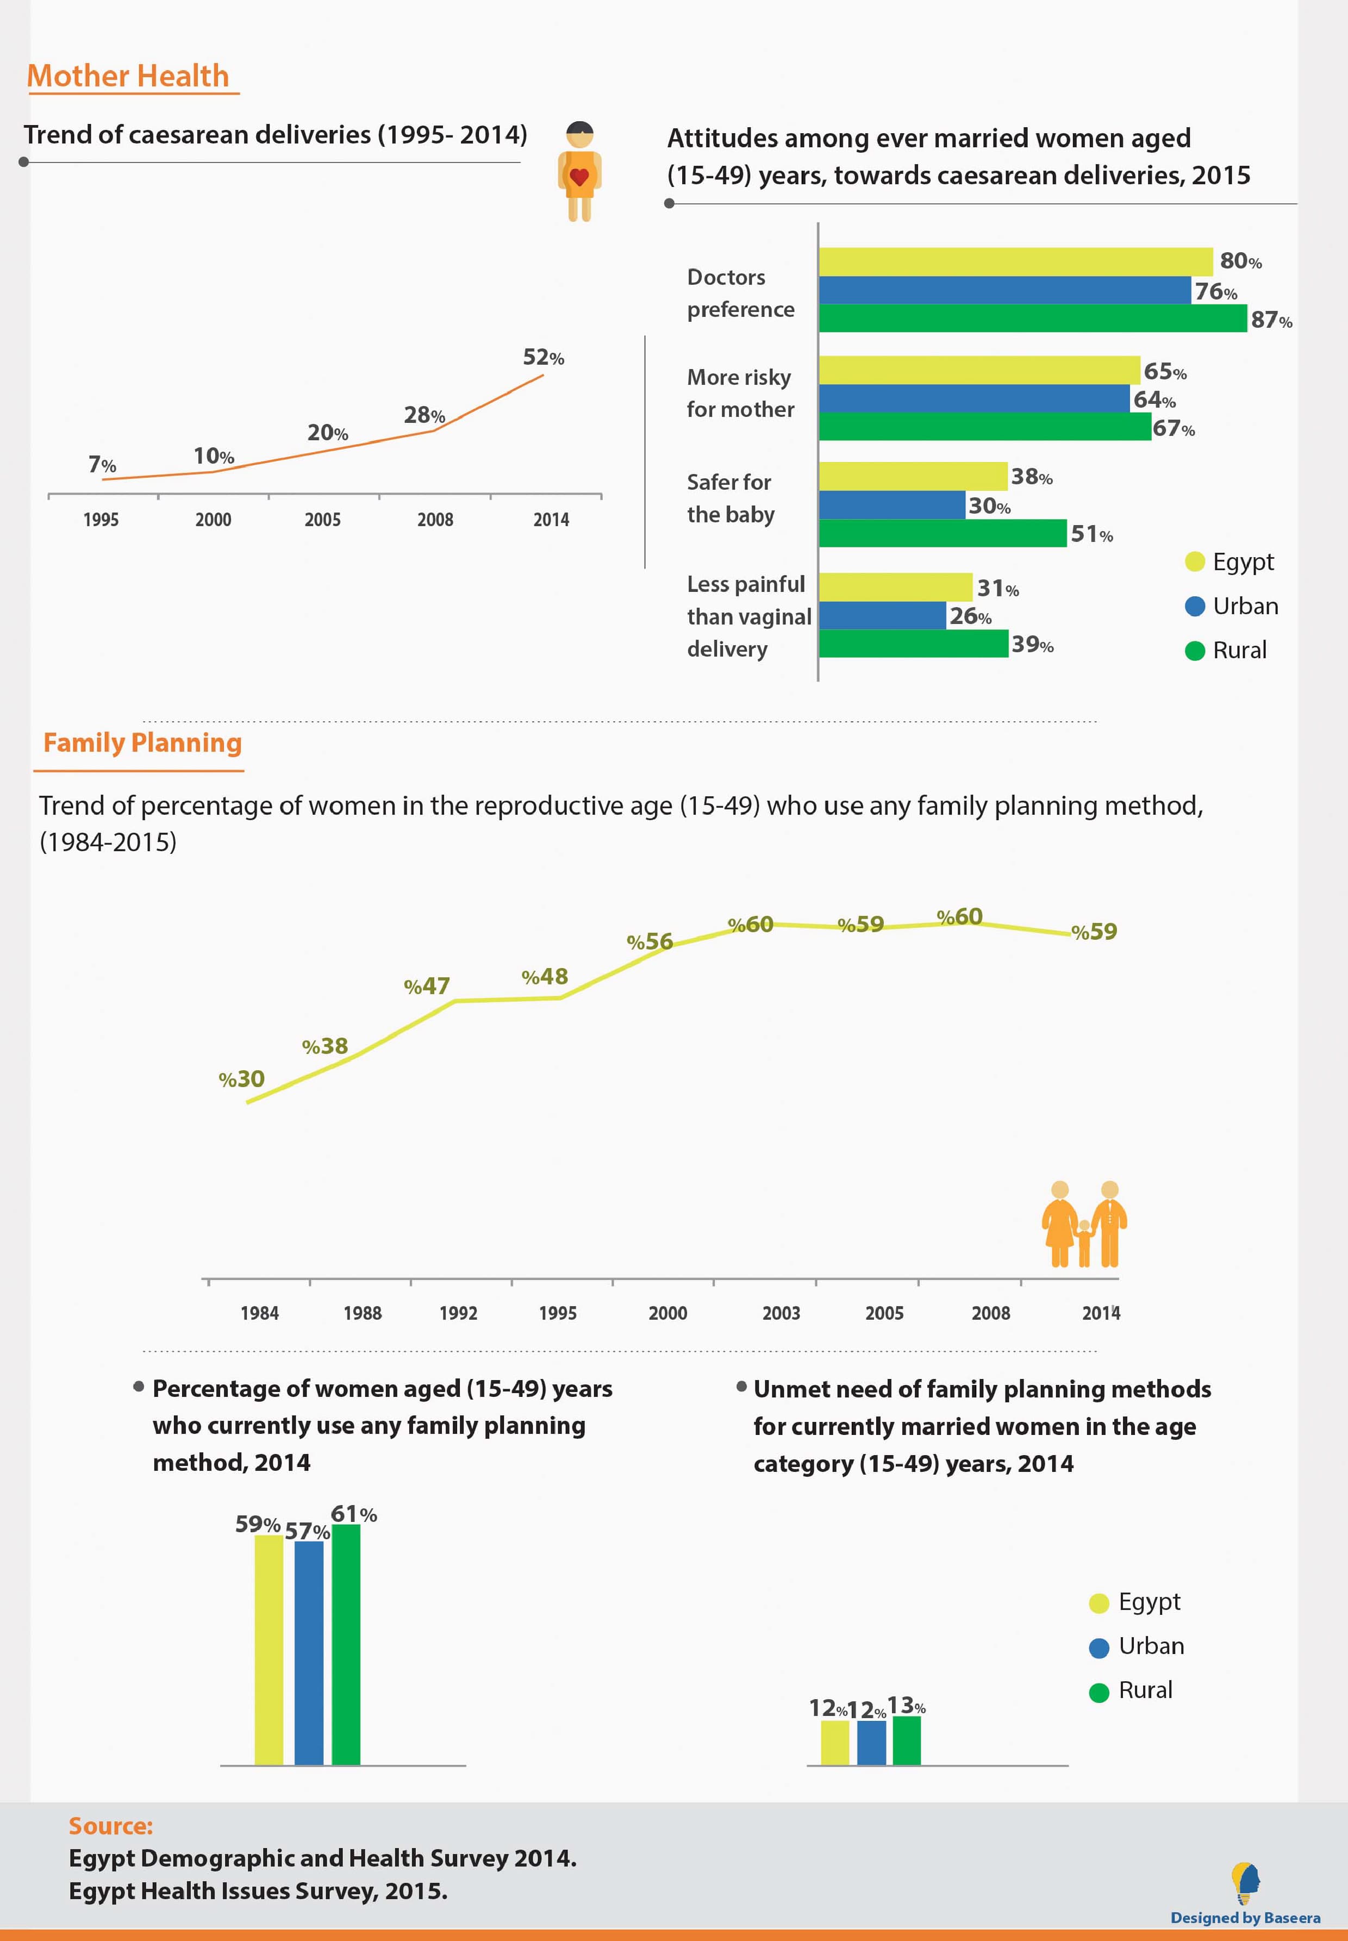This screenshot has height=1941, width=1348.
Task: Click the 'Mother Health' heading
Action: tap(128, 76)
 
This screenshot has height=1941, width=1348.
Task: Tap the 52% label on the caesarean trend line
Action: tap(543, 357)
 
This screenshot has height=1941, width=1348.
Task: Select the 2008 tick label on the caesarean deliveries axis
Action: tap(435, 520)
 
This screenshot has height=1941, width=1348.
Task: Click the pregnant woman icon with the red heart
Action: tap(579, 171)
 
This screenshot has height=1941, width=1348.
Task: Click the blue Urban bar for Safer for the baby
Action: tap(892, 505)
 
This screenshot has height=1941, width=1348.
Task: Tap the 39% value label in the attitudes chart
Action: tap(1032, 645)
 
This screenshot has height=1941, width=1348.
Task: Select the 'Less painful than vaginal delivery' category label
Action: tap(749, 616)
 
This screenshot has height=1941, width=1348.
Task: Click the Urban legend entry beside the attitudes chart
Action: tap(1232, 607)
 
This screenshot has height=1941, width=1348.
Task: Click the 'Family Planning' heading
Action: tap(143, 742)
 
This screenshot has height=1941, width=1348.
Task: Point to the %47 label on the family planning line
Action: tap(427, 985)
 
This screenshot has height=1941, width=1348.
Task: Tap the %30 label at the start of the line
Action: tap(241, 1078)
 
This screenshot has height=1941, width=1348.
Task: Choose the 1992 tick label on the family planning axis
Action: tap(459, 1313)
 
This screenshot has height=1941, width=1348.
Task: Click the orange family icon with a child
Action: tap(1084, 1224)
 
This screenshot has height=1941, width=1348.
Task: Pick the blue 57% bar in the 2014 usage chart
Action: tap(309, 1653)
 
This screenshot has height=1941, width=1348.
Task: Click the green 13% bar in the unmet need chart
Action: tap(906, 1740)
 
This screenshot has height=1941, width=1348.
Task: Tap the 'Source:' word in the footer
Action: tap(111, 1826)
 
